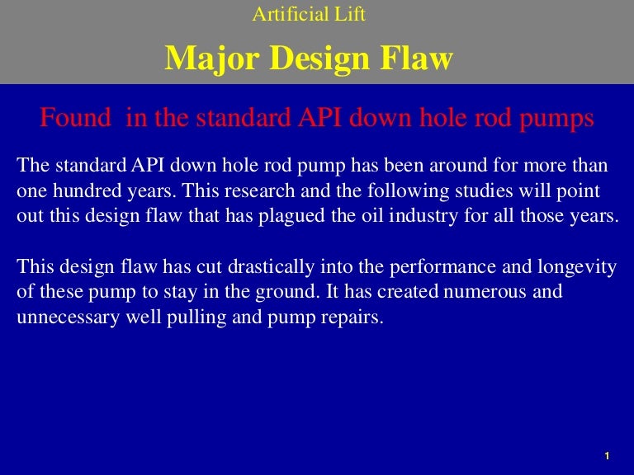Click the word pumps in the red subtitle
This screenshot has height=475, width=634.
click(x=557, y=118)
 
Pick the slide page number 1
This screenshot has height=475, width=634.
click(x=607, y=456)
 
